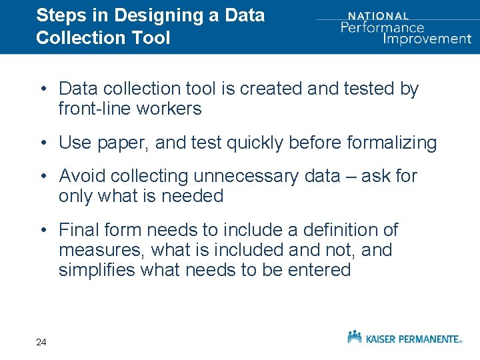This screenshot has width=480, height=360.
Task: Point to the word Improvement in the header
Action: (x=427, y=38)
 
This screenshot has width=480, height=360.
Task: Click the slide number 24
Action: (x=41, y=342)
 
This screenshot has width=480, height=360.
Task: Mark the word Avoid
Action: (x=82, y=176)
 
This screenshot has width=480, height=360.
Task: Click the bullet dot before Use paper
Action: (x=42, y=143)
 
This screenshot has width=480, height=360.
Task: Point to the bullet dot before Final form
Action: (x=42, y=230)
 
